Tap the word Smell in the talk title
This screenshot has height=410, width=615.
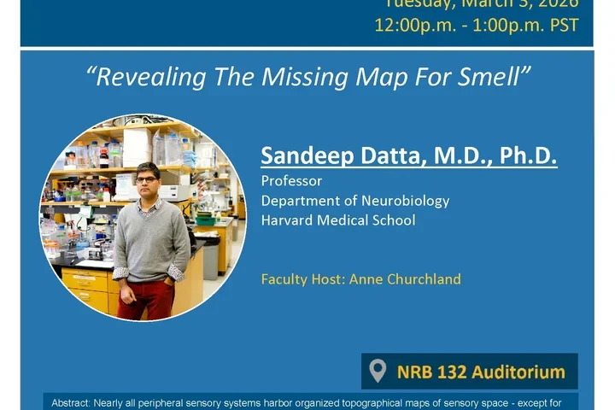(x=494, y=77)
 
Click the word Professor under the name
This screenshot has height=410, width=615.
(x=291, y=181)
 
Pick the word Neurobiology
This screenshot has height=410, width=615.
(x=406, y=201)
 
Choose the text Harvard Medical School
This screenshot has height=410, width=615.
(x=338, y=220)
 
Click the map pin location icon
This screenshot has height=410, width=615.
(x=378, y=372)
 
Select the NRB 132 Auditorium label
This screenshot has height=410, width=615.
(x=481, y=372)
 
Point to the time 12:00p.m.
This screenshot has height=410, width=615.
(x=413, y=25)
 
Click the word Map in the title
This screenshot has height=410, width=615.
(x=377, y=77)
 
